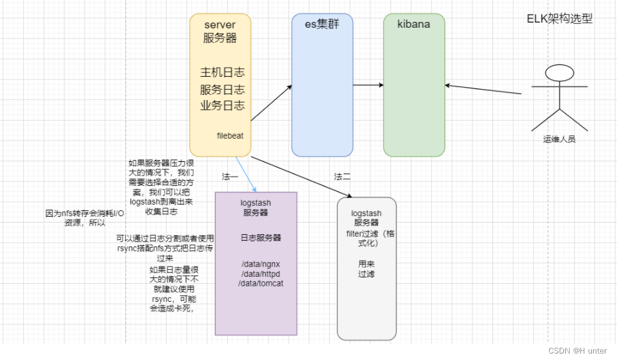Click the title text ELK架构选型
pyautogui.click(x=559, y=19)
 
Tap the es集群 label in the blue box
pyautogui.click(x=321, y=25)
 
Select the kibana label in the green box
pyautogui.click(x=414, y=25)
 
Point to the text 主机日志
pyautogui.click(x=222, y=72)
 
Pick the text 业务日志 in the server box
pyautogui.click(x=222, y=105)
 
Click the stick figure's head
pyautogui.click(x=559, y=73)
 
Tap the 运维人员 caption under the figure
pyautogui.click(x=558, y=139)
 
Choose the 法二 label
pyautogui.click(x=342, y=176)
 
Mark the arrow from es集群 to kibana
pyautogui.click(x=369, y=85)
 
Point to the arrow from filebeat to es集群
pyautogui.click(x=271, y=103)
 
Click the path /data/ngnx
pyautogui.click(x=256, y=264)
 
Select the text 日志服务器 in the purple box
pyautogui.click(x=256, y=238)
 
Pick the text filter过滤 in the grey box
pyautogui.click(x=365, y=234)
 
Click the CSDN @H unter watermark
pyautogui.click(x=578, y=350)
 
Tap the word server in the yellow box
pyautogui.click(x=219, y=25)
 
